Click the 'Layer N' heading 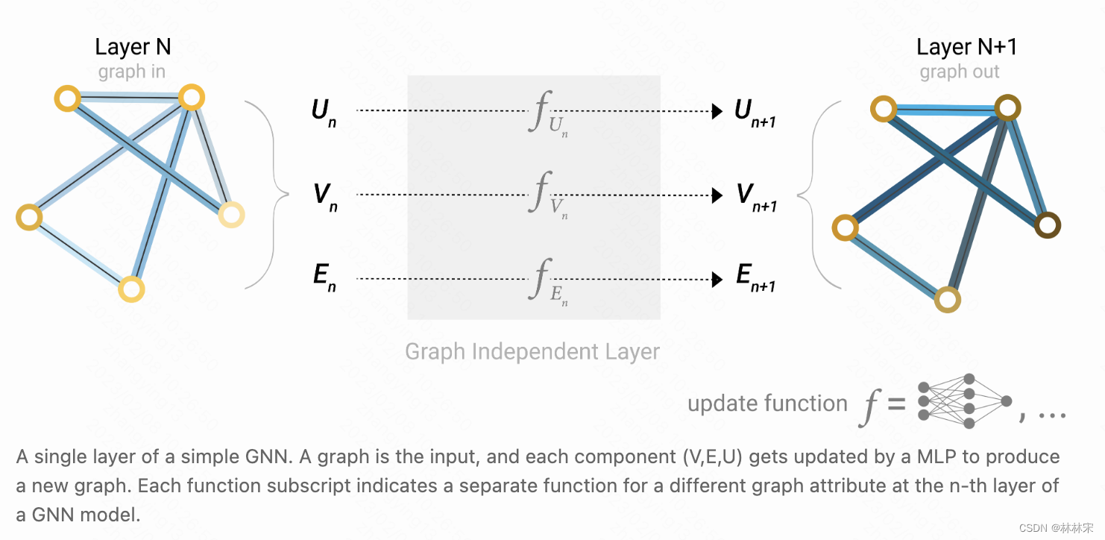133,47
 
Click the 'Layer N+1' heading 966,47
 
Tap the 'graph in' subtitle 132,72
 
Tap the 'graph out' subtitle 960,72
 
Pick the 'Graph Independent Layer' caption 532,351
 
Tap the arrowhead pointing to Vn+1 717,195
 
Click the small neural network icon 963,401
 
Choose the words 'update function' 767,404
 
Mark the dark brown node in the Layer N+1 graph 1048,225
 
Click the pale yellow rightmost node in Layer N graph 231,215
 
